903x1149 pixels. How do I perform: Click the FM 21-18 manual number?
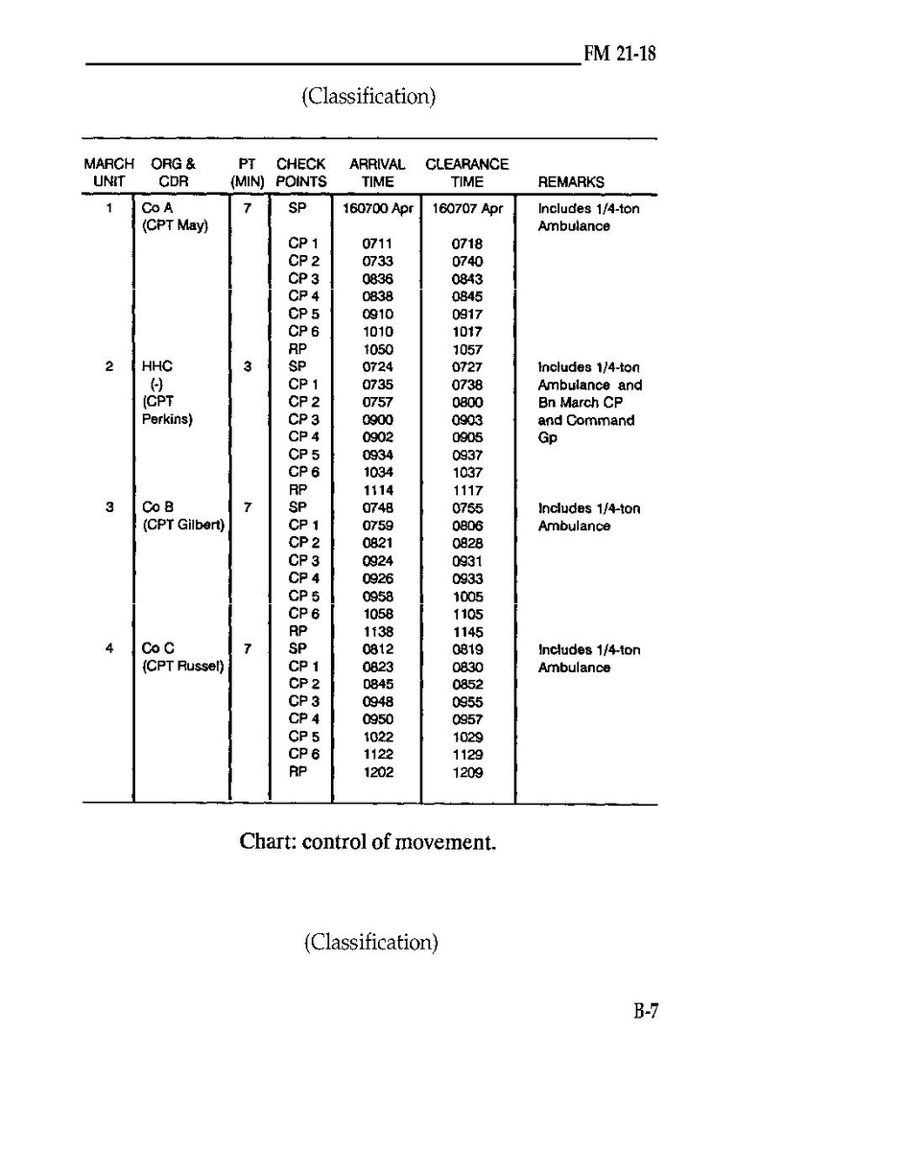(620, 54)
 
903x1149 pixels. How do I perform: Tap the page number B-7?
(640, 1012)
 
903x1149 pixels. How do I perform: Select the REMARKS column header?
(571, 181)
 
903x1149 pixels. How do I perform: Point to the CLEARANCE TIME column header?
(466, 173)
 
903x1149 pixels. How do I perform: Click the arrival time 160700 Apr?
(377, 208)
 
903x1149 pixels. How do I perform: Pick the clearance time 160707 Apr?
(467, 208)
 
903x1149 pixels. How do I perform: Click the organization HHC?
(156, 366)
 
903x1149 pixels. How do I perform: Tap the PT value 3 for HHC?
(248, 366)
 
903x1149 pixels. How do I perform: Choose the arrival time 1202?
(377, 772)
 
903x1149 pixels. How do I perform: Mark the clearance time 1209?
(467, 772)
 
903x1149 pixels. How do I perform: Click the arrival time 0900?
(377, 420)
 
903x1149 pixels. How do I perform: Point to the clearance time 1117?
(467, 490)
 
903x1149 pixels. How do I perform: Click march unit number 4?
(109, 649)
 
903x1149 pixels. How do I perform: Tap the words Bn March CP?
(581, 403)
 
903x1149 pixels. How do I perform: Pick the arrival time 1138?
(377, 632)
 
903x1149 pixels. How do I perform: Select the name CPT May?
(175, 226)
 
